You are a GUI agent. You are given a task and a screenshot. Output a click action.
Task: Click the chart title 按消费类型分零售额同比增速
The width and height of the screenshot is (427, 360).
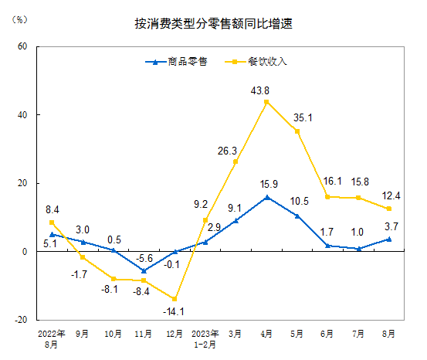214,24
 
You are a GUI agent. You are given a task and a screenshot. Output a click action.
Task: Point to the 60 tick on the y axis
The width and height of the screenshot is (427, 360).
22,46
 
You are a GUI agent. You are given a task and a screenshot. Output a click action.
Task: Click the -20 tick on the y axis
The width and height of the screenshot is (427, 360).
21,320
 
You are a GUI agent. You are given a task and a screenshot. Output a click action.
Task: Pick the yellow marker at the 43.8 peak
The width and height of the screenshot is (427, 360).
266,102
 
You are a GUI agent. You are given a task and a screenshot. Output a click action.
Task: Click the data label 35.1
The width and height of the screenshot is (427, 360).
302,117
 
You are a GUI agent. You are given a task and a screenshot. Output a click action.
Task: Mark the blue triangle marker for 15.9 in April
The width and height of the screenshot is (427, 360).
266,197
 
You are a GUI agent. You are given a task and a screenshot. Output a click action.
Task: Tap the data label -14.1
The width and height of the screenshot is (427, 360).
175,312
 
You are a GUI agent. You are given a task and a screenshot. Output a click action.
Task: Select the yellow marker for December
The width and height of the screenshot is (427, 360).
175,299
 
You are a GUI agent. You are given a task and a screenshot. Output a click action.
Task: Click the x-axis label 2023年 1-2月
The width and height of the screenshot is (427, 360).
205,338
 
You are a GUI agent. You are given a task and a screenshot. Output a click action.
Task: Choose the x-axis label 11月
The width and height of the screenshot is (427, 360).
144,335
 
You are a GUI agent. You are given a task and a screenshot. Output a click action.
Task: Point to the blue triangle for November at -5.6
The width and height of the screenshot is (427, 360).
144,270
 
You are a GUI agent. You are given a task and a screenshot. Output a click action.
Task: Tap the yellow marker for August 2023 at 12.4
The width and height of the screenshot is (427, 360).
389,209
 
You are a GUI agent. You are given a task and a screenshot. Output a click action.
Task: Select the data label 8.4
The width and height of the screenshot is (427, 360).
53,208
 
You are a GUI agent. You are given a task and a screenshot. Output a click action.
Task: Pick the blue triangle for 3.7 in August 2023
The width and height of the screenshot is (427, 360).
389,239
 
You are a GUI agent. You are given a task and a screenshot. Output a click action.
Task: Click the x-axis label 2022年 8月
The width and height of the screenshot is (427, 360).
52,338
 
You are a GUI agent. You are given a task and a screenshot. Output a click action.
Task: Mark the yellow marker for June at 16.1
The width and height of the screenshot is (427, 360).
327,196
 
